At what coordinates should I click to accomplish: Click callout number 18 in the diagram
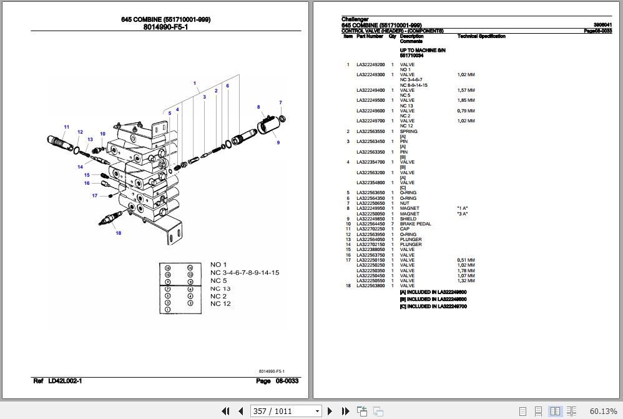[117, 234]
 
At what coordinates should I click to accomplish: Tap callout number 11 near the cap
[67, 127]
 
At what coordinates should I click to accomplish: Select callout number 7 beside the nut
[280, 102]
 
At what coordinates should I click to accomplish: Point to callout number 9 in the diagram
[278, 143]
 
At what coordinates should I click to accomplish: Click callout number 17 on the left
[95, 195]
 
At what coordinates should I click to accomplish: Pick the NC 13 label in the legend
[220, 288]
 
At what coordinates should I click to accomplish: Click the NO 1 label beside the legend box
[218, 265]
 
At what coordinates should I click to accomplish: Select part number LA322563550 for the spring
[370, 132]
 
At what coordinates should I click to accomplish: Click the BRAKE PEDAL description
[415, 224]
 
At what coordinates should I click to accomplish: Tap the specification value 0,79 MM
[466, 111]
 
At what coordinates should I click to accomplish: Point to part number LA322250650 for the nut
[370, 204]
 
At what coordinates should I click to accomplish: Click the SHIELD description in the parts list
[408, 219]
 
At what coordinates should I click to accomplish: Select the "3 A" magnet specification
[462, 214]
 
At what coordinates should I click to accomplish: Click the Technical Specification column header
[481, 36]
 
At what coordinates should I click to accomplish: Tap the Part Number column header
[370, 36]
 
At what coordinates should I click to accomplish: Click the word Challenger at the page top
[355, 19]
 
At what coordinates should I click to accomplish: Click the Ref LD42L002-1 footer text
[57, 380]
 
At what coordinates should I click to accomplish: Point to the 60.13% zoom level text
[602, 411]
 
